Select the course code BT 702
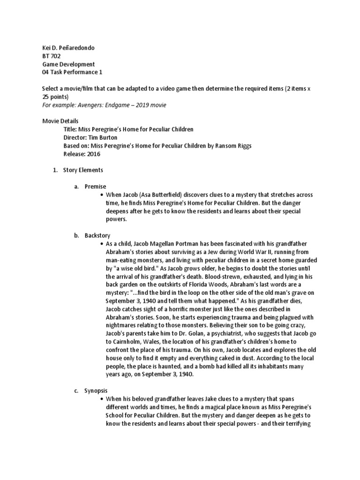coord(52,56)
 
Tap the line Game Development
coord(68,64)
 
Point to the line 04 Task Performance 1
coord(72,72)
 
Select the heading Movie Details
coord(60,121)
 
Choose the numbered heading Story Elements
coord(83,170)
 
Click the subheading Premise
coord(95,186)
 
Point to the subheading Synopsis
coord(97,390)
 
